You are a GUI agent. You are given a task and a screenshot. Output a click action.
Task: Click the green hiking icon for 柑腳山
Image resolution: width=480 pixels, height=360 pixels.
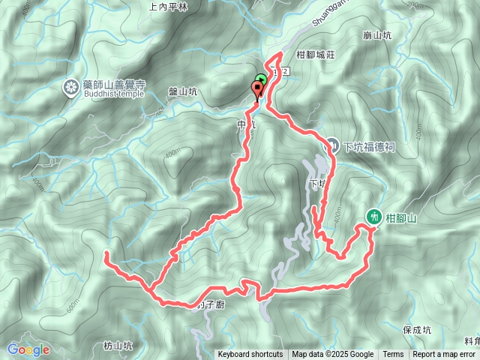pyautogui.click(x=373, y=217)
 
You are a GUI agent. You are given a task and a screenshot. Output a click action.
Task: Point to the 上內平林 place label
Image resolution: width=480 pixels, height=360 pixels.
pyautogui.click(x=167, y=7)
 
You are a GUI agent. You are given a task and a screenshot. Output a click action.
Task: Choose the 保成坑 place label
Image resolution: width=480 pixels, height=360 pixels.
pyautogui.click(x=416, y=329)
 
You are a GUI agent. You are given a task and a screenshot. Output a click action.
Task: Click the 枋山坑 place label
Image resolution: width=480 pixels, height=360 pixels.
pyautogui.click(x=118, y=346)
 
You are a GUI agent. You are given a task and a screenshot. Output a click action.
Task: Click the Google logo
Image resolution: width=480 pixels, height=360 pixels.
pyautogui.click(x=28, y=350)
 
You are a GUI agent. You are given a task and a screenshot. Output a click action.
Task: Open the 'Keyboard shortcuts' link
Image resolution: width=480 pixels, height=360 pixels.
pyautogui.click(x=250, y=355)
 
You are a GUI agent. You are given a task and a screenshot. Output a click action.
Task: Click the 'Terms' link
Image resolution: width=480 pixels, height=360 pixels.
pyautogui.click(x=393, y=355)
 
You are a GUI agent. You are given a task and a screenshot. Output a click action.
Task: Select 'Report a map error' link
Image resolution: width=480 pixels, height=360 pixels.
pyautogui.click(x=445, y=355)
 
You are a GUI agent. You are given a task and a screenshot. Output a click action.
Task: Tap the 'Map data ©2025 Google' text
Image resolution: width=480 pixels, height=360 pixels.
pyautogui.click(x=333, y=355)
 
